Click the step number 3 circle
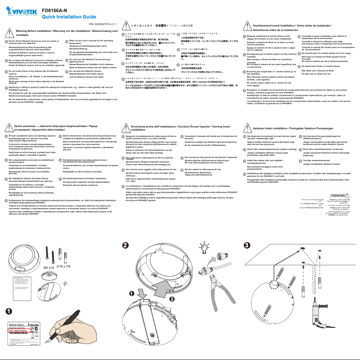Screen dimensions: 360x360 click(x=246, y=246)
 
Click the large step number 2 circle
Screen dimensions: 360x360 click(x=126, y=246)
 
